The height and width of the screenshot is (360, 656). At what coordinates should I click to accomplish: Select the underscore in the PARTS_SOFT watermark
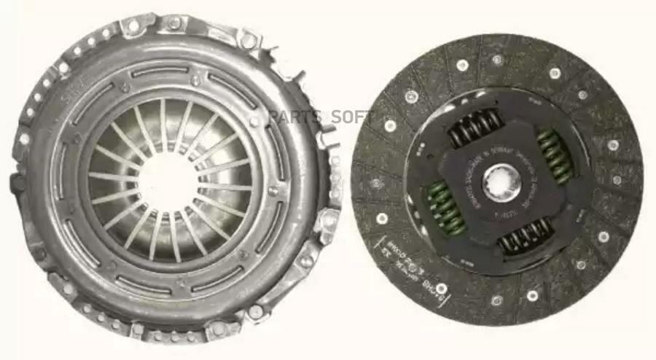[319, 121]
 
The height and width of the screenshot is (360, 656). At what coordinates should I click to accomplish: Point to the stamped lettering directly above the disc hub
[503, 146]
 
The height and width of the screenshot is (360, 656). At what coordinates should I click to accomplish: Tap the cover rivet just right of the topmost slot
[195, 79]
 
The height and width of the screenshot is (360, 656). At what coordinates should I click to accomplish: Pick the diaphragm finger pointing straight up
[165, 117]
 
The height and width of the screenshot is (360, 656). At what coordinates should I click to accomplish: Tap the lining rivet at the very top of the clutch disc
[497, 60]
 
